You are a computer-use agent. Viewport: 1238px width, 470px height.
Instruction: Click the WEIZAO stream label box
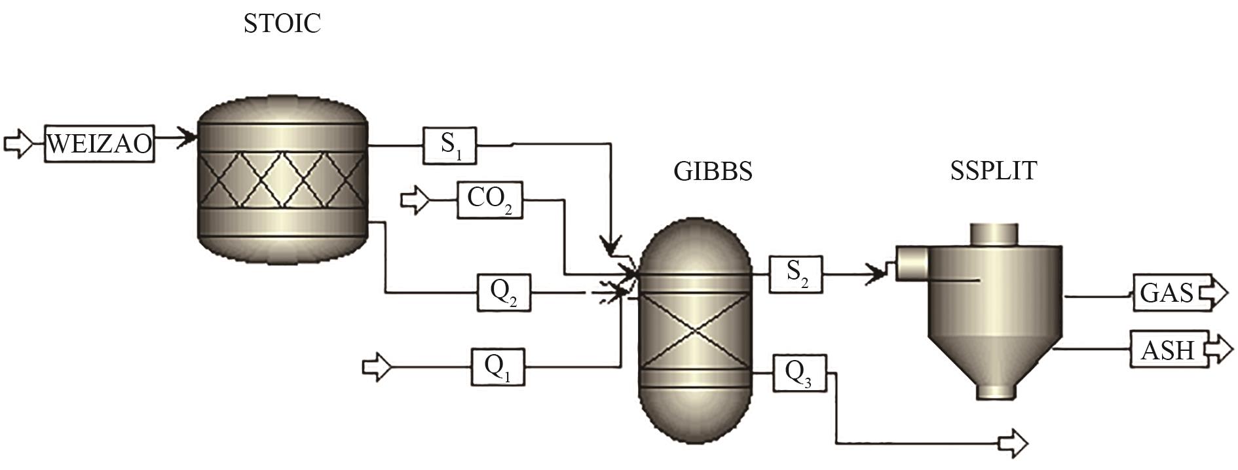click(x=100, y=143)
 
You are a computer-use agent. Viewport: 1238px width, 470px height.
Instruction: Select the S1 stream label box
click(x=449, y=145)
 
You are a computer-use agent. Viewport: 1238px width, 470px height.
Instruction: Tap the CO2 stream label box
click(x=489, y=199)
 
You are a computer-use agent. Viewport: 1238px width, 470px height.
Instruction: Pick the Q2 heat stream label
click(x=503, y=293)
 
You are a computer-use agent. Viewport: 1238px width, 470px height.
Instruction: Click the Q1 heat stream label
click(x=498, y=367)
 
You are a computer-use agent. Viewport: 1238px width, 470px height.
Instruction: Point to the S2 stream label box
click(x=796, y=274)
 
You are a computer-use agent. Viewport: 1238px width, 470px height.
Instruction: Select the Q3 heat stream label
click(x=799, y=373)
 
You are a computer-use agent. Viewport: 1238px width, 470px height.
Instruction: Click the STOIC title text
click(x=282, y=24)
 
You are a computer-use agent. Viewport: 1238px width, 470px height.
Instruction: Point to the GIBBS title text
click(x=713, y=172)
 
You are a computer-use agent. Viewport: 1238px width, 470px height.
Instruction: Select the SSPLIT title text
click(x=993, y=171)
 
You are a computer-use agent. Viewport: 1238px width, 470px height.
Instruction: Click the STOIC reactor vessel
click(x=282, y=183)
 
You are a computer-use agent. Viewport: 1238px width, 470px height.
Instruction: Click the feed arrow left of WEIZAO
click(x=18, y=143)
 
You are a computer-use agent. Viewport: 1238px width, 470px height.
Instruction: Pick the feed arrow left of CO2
click(x=415, y=199)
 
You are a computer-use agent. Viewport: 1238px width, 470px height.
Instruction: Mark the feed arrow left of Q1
click(x=377, y=367)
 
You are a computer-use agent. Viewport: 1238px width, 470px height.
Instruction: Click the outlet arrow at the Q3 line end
click(x=1013, y=443)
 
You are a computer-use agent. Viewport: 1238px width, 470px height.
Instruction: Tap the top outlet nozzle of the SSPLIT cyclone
click(x=994, y=234)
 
